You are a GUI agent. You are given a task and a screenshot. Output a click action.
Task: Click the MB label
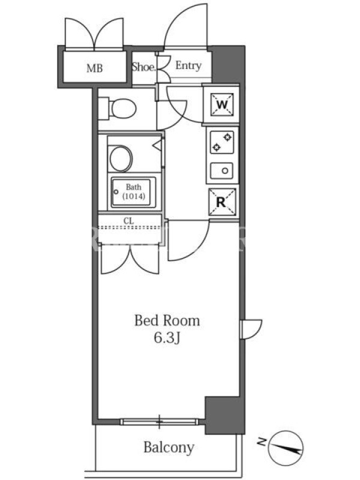[95, 68]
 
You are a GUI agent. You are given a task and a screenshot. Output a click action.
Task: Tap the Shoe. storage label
[144, 67]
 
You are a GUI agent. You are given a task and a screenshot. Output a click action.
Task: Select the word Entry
[188, 65]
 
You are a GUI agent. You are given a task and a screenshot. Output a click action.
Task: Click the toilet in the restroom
[119, 108]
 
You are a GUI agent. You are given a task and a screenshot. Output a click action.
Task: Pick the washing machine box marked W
[221, 104]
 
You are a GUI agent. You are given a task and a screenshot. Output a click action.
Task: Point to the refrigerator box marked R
[222, 202]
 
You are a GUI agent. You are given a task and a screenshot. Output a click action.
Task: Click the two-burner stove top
[222, 142]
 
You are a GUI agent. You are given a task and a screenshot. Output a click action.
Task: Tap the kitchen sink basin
[221, 171]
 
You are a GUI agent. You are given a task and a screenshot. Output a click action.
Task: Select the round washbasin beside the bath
[121, 158]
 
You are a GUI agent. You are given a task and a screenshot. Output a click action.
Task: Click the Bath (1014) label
[134, 191]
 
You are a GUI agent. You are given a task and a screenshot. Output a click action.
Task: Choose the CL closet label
[128, 220]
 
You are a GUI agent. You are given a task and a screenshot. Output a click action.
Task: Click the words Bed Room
[167, 321]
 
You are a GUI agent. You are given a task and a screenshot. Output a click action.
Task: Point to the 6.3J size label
[167, 338]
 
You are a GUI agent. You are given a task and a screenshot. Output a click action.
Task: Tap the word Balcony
[169, 448]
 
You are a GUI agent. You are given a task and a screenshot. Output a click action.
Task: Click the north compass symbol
[286, 448]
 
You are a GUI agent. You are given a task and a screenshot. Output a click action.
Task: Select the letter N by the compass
[262, 441]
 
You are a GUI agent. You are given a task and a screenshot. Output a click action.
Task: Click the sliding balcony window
[159, 422]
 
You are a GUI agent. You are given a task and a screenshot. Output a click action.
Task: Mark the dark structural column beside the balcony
[224, 415]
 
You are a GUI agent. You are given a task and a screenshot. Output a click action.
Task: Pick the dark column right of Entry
[228, 64]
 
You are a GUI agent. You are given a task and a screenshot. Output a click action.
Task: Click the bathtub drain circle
[116, 192]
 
